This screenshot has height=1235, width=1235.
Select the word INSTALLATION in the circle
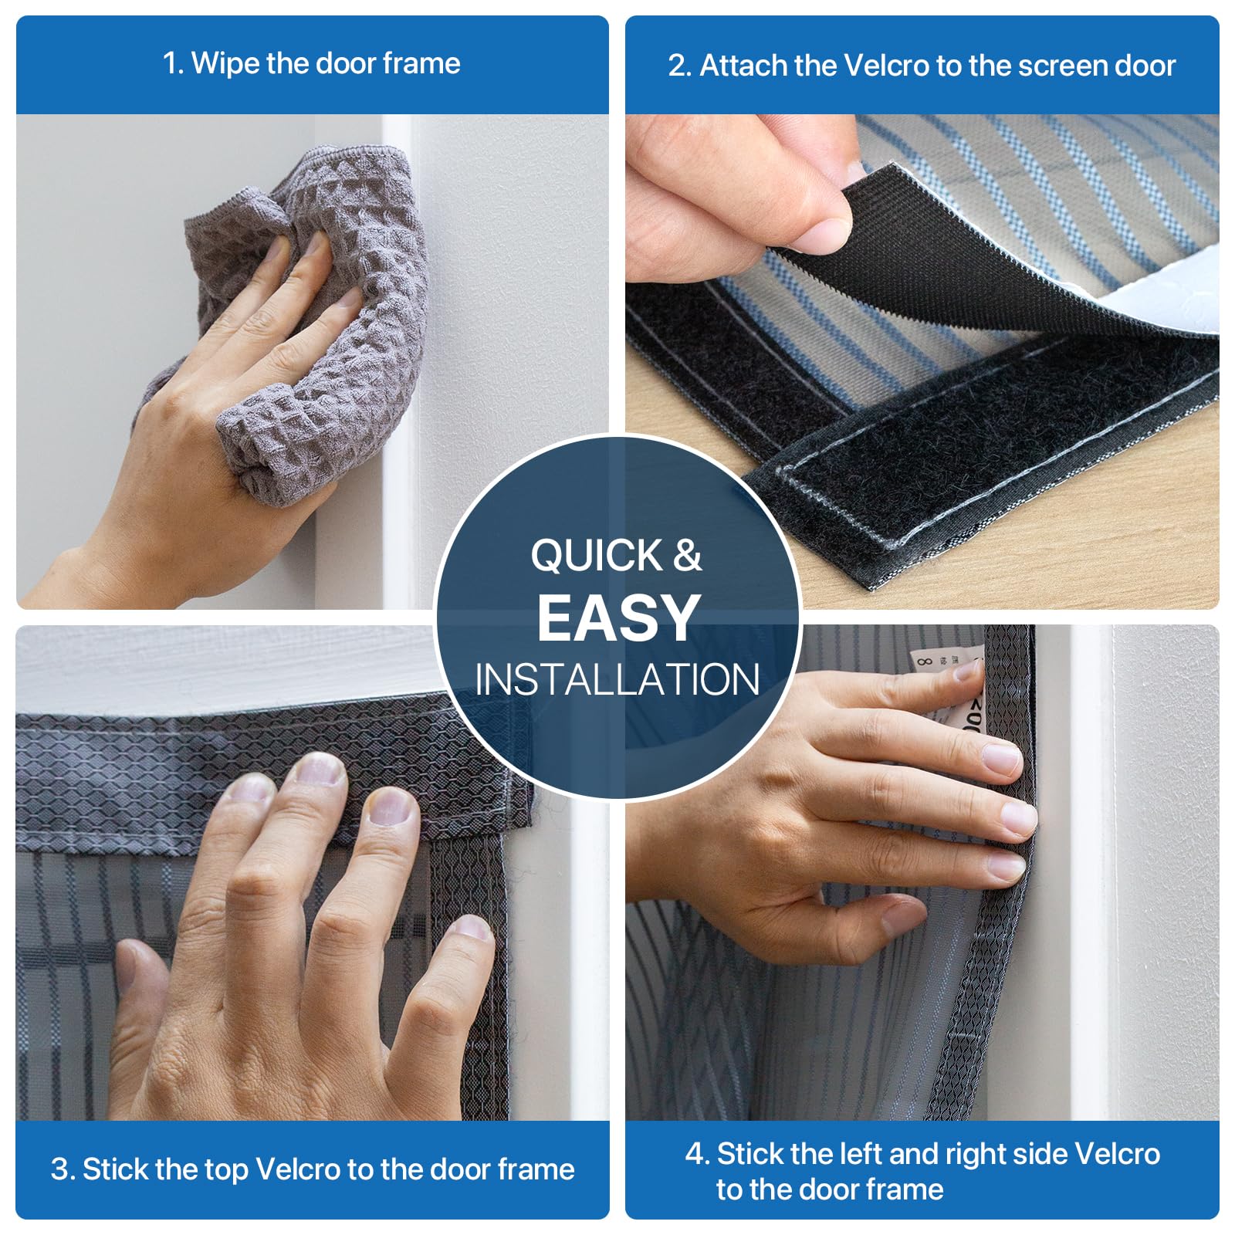tap(617, 679)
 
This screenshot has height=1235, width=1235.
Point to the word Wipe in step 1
tap(225, 63)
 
